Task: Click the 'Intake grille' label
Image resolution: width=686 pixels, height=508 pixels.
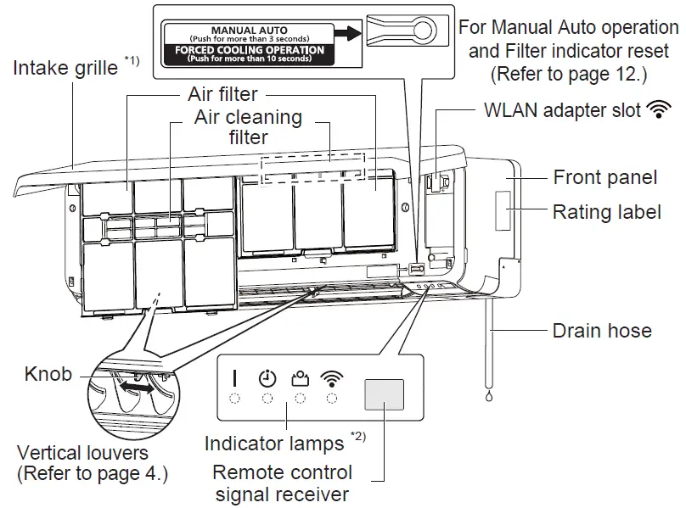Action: click(x=65, y=67)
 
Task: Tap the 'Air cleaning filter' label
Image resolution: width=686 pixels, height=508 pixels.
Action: click(x=247, y=126)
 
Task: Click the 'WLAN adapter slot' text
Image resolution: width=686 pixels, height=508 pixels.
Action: click(x=561, y=110)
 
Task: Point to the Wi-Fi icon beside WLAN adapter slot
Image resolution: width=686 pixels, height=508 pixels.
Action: click(x=656, y=110)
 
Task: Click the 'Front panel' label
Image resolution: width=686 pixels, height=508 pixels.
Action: click(x=604, y=177)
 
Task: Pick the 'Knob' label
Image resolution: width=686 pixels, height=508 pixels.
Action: click(x=48, y=373)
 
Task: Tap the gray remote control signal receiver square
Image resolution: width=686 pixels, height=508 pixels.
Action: click(x=384, y=396)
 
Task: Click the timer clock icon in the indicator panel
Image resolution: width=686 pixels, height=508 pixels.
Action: click(x=267, y=378)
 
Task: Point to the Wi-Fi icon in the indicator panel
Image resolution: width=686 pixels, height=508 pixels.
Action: click(x=331, y=378)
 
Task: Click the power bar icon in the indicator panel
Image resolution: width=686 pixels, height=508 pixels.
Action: click(x=235, y=378)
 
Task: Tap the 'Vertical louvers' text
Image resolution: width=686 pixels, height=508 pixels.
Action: click(x=83, y=453)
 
